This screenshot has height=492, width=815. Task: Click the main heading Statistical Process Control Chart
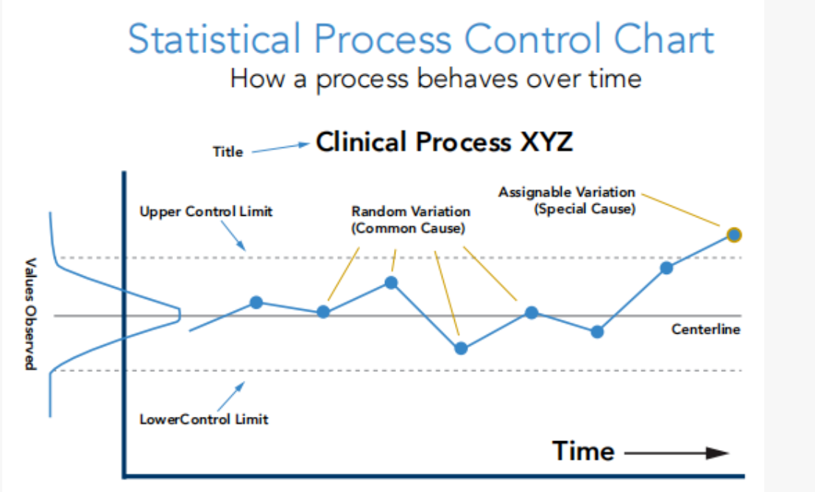coord(421,39)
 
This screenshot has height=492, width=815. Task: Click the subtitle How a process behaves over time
coord(436,77)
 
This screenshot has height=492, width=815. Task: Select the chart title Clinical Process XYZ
coord(444,141)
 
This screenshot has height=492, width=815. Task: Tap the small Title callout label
coord(228,152)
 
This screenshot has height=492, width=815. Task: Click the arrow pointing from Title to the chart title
coord(279,148)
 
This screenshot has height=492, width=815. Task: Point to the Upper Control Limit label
coord(206,211)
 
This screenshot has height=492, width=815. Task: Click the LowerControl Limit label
coord(204,420)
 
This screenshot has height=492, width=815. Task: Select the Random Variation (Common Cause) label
coord(410,219)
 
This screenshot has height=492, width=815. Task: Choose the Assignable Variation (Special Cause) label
coord(567,200)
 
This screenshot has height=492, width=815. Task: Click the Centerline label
coord(705,329)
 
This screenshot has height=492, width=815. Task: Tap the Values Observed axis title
coord(30,314)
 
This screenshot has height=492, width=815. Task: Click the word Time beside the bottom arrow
coord(583,451)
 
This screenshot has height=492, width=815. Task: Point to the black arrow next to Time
coord(676,453)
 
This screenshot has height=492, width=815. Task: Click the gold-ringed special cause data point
coord(733,235)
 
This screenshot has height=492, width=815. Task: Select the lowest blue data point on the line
coord(461,348)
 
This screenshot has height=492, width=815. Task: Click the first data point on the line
coord(256,302)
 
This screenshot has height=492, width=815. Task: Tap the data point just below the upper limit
coord(666,267)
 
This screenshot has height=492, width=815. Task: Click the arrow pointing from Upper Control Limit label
coord(236,236)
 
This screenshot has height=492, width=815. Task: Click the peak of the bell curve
coord(180,315)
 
